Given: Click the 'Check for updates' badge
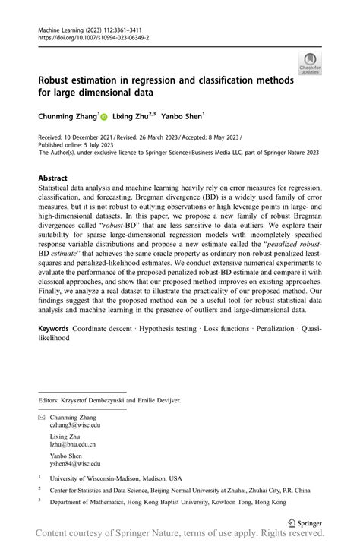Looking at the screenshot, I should point(310,64).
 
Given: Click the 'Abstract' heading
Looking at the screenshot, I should point(53,178).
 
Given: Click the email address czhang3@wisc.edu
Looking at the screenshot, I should point(75,426).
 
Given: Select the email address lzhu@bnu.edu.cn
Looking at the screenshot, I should point(73,444).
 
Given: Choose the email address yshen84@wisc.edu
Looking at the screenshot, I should point(75,462).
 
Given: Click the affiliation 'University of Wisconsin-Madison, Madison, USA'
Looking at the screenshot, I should point(115,478).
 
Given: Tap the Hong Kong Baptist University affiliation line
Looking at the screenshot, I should point(168,503).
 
